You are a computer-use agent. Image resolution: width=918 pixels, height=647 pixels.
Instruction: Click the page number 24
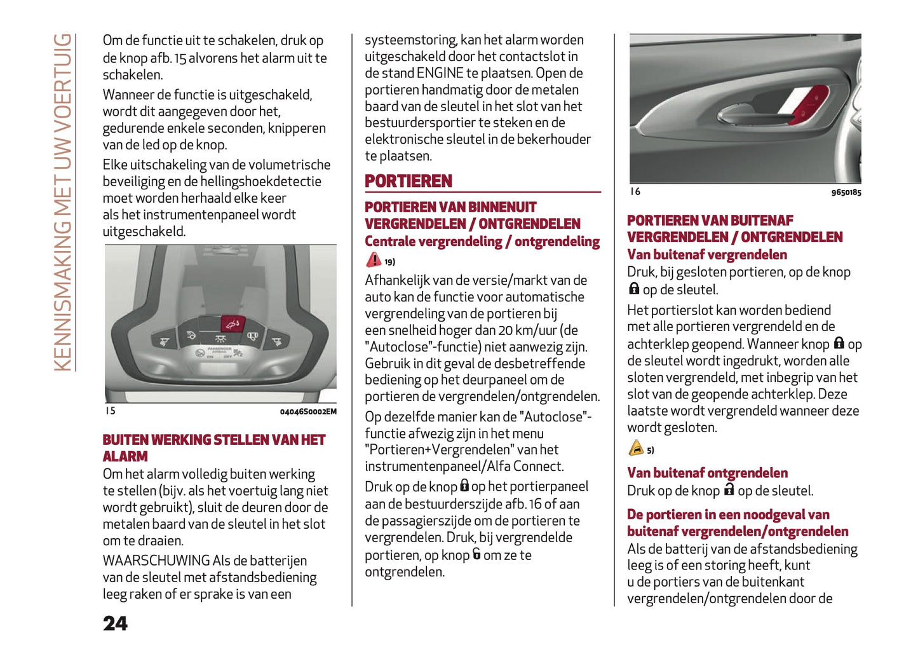pyautogui.click(x=115, y=623)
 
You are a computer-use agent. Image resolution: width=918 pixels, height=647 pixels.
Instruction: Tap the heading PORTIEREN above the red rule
pyautogui.click(x=408, y=181)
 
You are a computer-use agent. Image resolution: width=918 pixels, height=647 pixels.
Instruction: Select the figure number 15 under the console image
pyautogui.click(x=111, y=411)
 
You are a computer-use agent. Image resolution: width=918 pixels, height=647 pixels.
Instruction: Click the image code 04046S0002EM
pyautogui.click(x=308, y=412)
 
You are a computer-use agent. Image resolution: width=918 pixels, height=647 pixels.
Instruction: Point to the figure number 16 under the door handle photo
pyautogui.click(x=635, y=191)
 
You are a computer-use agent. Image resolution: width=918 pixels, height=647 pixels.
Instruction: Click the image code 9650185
pyautogui.click(x=846, y=193)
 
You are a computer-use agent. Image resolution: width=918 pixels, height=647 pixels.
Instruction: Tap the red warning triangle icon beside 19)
pyautogui.click(x=374, y=260)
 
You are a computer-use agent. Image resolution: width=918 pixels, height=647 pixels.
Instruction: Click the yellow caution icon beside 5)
pyautogui.click(x=636, y=449)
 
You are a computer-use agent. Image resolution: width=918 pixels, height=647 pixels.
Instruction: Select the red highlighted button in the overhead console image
pyautogui.click(x=233, y=323)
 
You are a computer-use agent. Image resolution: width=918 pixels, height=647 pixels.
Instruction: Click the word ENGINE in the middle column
pyautogui.click(x=440, y=73)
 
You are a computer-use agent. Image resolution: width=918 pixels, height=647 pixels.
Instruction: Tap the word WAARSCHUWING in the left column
pyautogui.click(x=156, y=561)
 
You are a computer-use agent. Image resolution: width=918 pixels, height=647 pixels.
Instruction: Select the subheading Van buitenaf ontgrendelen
pyautogui.click(x=707, y=473)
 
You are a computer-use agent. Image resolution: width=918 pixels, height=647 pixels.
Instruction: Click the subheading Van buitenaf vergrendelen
pyautogui.click(x=706, y=255)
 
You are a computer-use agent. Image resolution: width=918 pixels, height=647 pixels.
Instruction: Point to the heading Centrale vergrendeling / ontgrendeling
pyautogui.click(x=482, y=242)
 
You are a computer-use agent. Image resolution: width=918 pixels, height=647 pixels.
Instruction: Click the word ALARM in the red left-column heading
pyautogui.click(x=125, y=456)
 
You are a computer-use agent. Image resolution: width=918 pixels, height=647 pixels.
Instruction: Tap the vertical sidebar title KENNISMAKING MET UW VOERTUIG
pyautogui.click(x=62, y=202)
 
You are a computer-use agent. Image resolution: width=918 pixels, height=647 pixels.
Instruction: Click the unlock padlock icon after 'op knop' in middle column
pyautogui.click(x=476, y=554)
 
